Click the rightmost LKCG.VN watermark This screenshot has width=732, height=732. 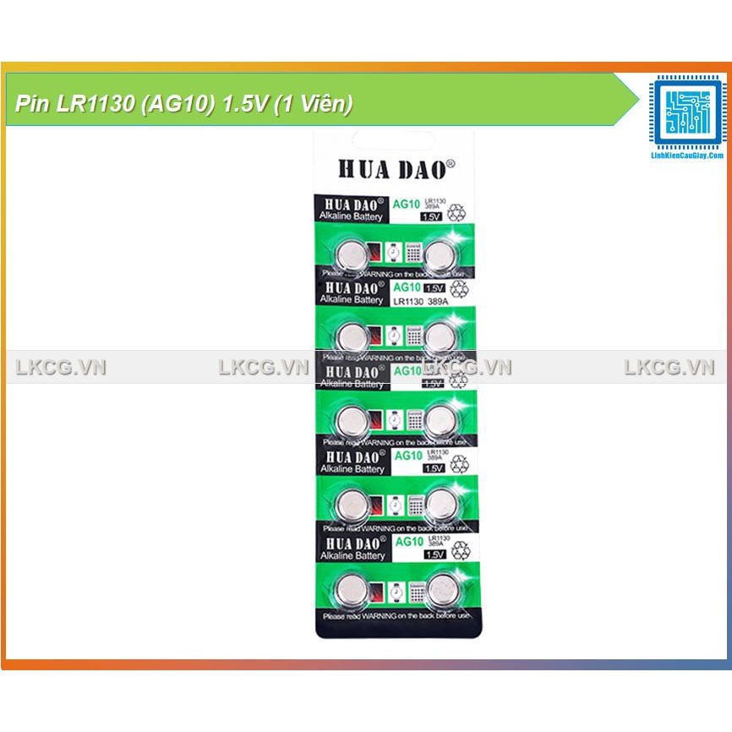pos(669,368)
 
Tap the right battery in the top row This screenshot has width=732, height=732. pos(440,252)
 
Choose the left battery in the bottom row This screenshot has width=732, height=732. pos(350,588)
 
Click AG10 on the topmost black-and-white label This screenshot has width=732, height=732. pos(408,204)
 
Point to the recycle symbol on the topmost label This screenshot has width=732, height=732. pos(457,211)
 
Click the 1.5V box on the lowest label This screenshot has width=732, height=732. pos(434,554)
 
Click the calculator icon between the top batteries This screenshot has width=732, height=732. pos(414,252)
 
